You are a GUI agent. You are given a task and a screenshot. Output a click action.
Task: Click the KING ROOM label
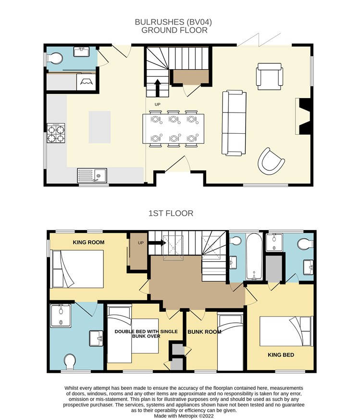point(88,242)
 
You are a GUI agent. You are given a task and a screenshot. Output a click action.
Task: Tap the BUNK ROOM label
point(204,332)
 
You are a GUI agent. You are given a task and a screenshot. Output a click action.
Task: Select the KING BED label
point(281,355)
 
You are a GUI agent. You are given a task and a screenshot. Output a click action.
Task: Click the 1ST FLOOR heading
point(171,213)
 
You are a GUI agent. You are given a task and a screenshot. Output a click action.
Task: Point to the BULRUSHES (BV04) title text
point(174,22)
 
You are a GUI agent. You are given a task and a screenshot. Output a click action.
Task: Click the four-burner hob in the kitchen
point(56,133)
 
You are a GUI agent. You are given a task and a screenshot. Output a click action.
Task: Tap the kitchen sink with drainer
point(92,176)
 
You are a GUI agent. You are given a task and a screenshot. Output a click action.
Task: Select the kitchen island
point(99,127)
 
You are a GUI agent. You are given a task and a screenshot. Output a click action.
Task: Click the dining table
point(174,129)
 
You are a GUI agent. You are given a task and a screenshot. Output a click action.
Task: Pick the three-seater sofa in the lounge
point(234,123)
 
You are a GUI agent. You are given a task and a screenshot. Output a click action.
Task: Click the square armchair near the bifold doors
point(270,76)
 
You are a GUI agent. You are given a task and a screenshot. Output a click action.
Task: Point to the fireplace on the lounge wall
point(303,116)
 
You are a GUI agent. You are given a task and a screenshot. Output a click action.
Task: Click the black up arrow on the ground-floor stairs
point(158,88)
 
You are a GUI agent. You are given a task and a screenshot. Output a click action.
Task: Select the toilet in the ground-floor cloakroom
point(55,58)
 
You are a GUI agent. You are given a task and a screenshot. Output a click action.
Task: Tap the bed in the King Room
point(78,269)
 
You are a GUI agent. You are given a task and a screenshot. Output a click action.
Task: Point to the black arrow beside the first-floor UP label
point(157,243)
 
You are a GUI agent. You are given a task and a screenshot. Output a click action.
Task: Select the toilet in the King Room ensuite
point(70,361)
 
